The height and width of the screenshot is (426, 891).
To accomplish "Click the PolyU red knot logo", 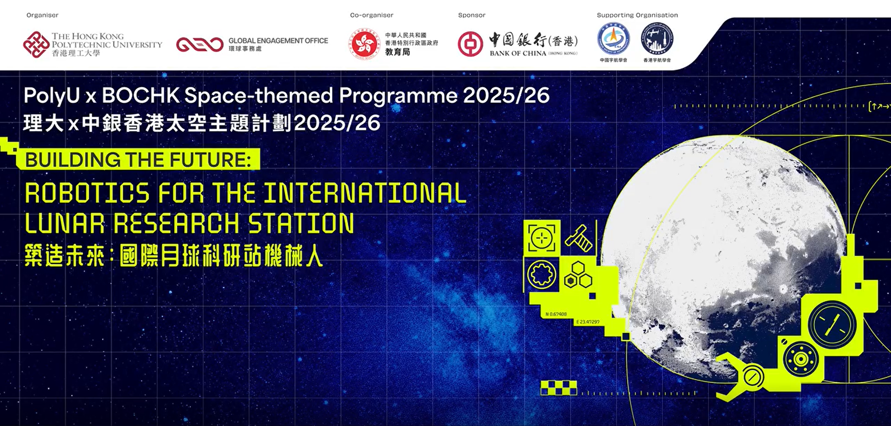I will (36, 45).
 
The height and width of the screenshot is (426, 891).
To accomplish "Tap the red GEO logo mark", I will (200, 45).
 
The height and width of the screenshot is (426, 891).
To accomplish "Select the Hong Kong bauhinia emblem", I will (364, 44).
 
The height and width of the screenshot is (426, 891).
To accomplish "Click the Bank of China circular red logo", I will (470, 45).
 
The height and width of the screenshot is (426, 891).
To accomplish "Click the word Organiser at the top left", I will (42, 15).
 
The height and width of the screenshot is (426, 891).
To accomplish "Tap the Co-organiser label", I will (371, 15).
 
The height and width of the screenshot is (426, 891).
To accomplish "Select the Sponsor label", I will (471, 15).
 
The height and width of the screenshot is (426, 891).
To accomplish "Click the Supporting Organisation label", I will (637, 15).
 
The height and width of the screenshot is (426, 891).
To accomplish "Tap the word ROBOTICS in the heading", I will (87, 193).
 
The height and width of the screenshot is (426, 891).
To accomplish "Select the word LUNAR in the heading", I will (65, 223).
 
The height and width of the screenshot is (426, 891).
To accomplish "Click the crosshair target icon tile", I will (541, 238).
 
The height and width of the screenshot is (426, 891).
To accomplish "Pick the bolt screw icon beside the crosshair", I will (579, 238).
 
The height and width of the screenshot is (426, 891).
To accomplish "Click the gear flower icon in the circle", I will (541, 274).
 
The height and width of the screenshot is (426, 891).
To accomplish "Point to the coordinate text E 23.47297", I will (587, 321).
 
